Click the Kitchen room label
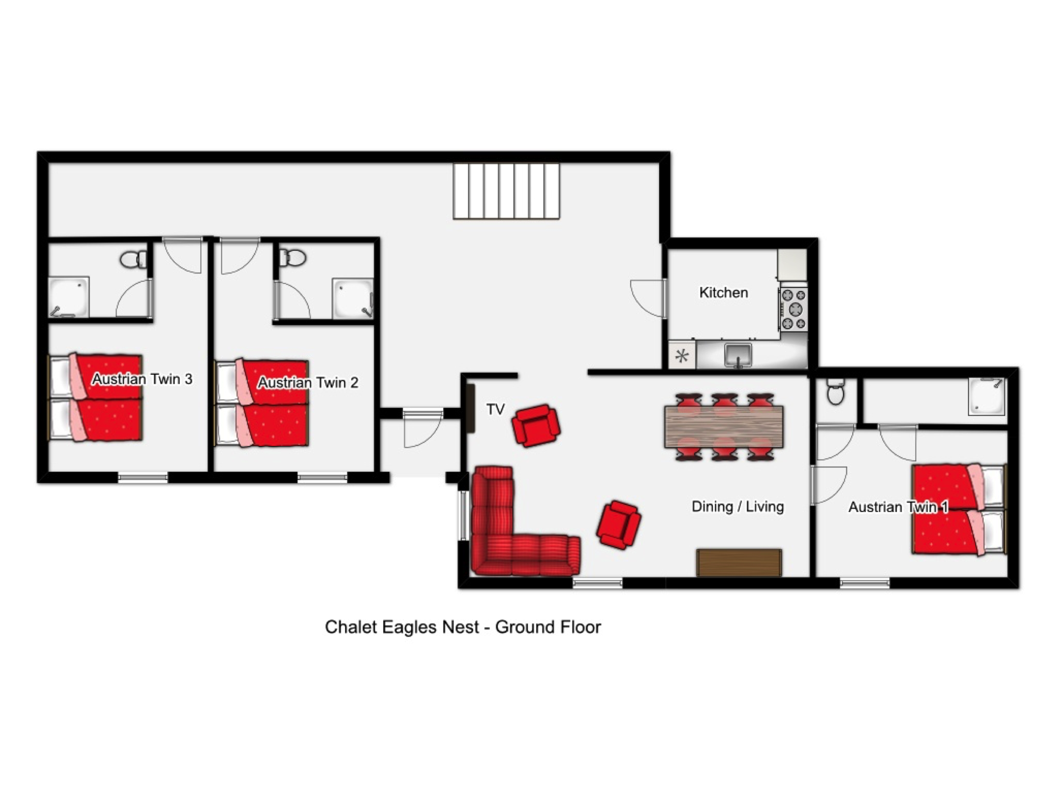[x=723, y=292]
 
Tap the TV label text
[x=495, y=409]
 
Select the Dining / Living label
[x=738, y=507]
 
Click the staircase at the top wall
[x=506, y=191]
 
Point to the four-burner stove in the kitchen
[x=793, y=309]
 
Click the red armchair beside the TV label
[x=536, y=426]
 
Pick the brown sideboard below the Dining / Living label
[x=739, y=562]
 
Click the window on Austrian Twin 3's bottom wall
[x=143, y=478]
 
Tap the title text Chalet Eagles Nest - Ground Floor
[x=463, y=627]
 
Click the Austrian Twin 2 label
[x=308, y=383]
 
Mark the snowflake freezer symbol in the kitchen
[x=682, y=355]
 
